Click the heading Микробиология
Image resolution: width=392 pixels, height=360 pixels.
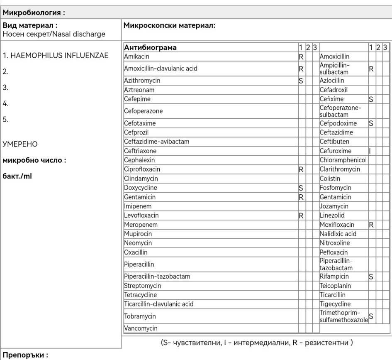coord(33,13)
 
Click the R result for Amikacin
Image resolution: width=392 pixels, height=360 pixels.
coord(301,56)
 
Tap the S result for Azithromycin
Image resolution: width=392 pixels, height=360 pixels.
coord(301,81)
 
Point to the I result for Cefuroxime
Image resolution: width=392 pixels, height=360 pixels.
coord(370,151)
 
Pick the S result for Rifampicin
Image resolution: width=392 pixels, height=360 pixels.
coord(371,277)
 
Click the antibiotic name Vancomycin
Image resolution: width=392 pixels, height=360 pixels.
coord(141,328)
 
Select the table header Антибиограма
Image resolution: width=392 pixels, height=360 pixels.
coord(150,47)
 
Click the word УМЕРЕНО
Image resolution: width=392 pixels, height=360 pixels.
coord(20,144)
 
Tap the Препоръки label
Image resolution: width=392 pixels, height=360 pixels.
coord(25,355)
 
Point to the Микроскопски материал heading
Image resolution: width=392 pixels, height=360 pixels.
coord(169,25)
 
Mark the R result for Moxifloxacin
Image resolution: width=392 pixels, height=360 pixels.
coord(372,225)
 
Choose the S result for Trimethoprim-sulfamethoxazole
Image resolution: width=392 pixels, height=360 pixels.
coord(371,316)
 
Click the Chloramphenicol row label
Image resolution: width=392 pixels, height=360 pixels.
coord(343,160)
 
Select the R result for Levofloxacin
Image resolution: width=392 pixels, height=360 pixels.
coord(301,216)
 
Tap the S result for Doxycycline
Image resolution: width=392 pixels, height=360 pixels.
coord(301,188)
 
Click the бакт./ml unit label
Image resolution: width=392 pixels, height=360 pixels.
coord(17,176)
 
